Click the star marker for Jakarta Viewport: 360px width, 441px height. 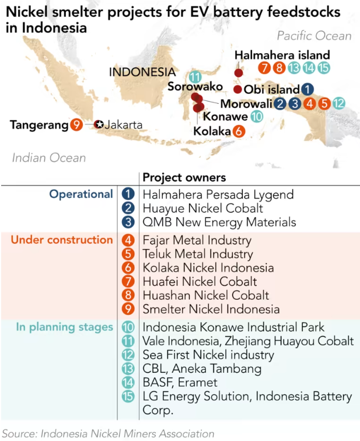(x=99, y=124)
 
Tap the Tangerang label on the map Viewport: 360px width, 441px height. (x=39, y=124)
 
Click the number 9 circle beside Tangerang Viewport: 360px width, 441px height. (x=76, y=124)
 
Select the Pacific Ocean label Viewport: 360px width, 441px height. (x=314, y=36)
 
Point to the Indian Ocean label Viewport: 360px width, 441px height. (x=49, y=157)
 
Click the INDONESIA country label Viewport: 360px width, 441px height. (x=142, y=72)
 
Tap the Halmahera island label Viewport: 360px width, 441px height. (x=282, y=55)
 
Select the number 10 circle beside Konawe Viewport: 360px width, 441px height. (x=256, y=117)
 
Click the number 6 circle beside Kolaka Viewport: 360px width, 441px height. (x=238, y=131)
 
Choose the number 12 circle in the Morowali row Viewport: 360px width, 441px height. (x=339, y=104)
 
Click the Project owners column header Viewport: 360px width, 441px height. (x=184, y=177)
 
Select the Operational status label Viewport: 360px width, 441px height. (x=81, y=194)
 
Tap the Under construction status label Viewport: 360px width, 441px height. (x=62, y=240)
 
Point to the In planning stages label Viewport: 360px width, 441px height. (x=64, y=327)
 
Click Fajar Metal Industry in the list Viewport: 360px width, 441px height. (x=197, y=240)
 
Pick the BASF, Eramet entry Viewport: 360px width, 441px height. (x=180, y=383)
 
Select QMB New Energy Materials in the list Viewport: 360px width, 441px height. (x=219, y=222)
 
